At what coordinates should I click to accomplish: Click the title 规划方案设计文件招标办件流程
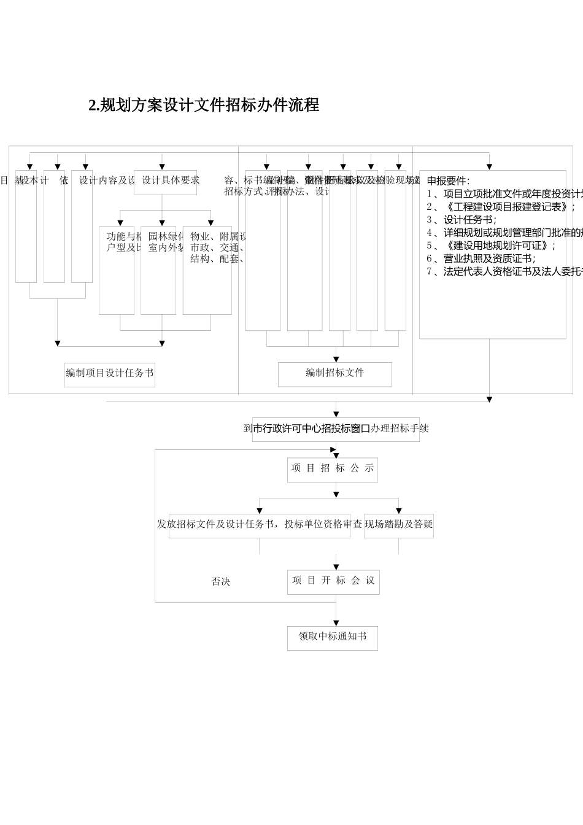[x=204, y=105]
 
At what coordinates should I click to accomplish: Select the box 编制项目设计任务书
[x=110, y=374]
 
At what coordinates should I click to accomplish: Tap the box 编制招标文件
[x=335, y=374]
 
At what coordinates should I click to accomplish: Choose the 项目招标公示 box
[x=333, y=469]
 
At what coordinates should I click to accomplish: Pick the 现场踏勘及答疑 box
[x=399, y=525]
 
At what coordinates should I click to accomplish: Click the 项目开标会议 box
[x=333, y=581]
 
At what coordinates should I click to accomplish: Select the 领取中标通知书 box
[x=333, y=638]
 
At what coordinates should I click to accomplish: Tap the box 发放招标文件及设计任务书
[x=259, y=525]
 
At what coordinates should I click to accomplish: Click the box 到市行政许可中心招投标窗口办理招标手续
[x=336, y=429]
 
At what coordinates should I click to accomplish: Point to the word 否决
[x=221, y=581]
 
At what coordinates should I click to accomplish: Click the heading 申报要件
[x=448, y=181]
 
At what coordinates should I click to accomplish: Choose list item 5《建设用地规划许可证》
[x=491, y=246]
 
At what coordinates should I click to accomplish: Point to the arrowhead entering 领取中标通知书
[x=336, y=623]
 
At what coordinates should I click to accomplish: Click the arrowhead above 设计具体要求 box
[x=162, y=166]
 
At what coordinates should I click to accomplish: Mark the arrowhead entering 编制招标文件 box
[x=336, y=359]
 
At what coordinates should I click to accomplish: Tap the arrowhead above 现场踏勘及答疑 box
[x=399, y=511]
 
